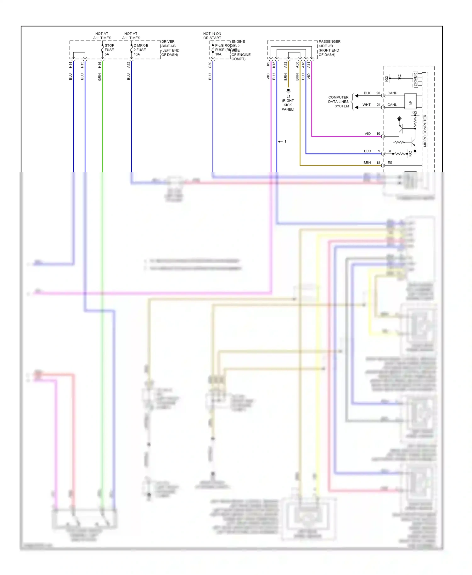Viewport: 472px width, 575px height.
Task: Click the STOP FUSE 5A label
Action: pyautogui.click(x=109, y=50)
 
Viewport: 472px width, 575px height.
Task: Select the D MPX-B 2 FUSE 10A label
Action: pyautogui.click(x=140, y=50)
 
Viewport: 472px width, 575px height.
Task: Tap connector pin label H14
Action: pyautogui.click(x=70, y=65)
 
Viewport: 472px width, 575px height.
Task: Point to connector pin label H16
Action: pyautogui.click(x=99, y=65)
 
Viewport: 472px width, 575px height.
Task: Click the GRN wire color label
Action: pyautogui.click(x=99, y=77)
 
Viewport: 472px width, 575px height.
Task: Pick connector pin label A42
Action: pyautogui.click(x=128, y=65)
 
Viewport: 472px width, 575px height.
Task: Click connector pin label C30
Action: pyautogui.click(x=210, y=65)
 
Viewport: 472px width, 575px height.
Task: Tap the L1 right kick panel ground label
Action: pyautogui.click(x=288, y=103)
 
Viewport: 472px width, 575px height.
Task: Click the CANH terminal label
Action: pyautogui.click(x=392, y=93)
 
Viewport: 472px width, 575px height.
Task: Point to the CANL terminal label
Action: pyautogui.click(x=392, y=105)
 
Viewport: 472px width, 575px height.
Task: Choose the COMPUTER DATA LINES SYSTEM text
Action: pyautogui.click(x=338, y=102)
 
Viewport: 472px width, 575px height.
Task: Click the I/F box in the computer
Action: pyautogui.click(x=410, y=101)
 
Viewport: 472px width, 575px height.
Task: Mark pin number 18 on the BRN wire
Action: pyautogui.click(x=378, y=163)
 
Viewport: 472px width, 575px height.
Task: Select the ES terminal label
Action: pyautogui.click(x=390, y=163)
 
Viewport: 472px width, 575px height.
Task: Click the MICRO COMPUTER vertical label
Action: pyautogui.click(x=425, y=131)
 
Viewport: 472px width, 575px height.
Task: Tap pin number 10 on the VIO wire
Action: pyautogui.click(x=378, y=134)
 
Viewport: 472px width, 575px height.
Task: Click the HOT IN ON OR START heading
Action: pyautogui.click(x=212, y=36)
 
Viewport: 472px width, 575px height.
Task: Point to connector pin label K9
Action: pyautogui.click(x=268, y=64)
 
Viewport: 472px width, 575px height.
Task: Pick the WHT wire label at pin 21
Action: pyautogui.click(x=366, y=105)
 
